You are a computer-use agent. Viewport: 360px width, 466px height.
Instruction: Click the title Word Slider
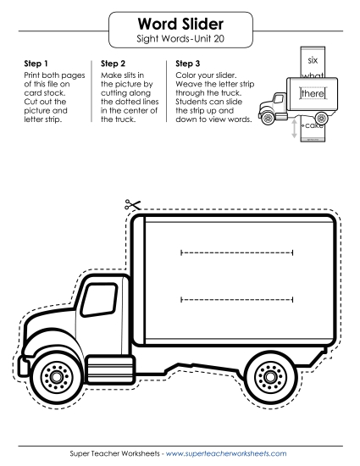tap(180, 24)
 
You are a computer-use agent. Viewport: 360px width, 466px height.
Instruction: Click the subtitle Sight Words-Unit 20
tap(180, 39)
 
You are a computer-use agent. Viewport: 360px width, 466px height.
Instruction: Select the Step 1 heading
tap(36, 64)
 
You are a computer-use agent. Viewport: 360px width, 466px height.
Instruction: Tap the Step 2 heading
tap(113, 64)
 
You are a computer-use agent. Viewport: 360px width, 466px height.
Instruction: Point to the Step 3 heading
tap(188, 64)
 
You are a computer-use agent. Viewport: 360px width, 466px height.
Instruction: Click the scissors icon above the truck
tap(132, 204)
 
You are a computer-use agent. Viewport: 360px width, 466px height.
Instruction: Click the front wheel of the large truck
tap(56, 377)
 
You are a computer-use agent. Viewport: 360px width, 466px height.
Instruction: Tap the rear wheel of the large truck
tap(270, 377)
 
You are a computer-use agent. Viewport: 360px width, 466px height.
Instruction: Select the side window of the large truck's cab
tap(99, 300)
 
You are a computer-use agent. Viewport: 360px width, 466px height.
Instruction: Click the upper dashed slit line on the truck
tap(236, 252)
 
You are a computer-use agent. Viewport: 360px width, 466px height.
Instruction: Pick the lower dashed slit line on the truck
tap(236, 300)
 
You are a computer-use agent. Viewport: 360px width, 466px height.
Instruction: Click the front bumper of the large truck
tap(23, 365)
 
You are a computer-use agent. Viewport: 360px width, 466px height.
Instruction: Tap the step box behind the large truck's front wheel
tap(110, 369)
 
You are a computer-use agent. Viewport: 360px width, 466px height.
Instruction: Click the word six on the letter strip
tap(313, 60)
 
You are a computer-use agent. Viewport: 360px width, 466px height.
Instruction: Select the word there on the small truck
tap(313, 93)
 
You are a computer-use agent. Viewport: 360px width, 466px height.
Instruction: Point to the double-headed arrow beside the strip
tap(294, 129)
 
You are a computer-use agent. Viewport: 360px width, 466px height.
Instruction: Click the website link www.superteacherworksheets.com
tap(226, 453)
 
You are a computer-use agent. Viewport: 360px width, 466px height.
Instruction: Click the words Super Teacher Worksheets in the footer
tap(114, 453)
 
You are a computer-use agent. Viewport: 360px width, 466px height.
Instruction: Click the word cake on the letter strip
tap(313, 125)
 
